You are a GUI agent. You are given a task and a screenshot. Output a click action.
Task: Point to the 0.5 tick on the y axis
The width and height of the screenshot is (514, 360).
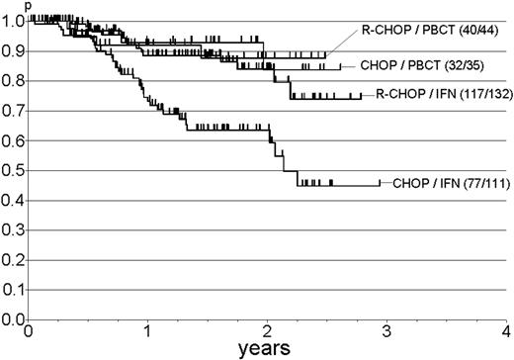13,170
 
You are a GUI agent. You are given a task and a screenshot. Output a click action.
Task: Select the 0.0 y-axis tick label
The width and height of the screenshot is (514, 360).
13,319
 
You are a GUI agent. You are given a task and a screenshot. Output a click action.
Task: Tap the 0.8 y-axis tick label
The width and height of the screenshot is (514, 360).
13,81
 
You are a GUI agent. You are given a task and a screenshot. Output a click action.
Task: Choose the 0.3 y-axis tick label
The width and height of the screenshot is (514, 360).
13,229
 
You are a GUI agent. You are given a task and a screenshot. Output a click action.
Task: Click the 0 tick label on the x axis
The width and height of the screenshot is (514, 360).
30,331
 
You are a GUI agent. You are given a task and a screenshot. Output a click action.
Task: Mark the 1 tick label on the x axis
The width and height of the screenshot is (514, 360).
148,331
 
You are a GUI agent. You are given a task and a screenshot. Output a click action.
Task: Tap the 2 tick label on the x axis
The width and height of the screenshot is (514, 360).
268,331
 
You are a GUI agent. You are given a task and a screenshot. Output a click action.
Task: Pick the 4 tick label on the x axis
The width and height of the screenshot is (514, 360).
505,331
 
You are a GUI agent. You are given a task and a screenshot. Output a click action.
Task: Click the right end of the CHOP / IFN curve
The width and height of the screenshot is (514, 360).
379,184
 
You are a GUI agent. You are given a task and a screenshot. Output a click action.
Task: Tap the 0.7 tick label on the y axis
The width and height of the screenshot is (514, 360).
13,111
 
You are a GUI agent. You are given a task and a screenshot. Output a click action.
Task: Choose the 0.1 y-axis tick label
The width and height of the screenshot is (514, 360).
13,290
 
